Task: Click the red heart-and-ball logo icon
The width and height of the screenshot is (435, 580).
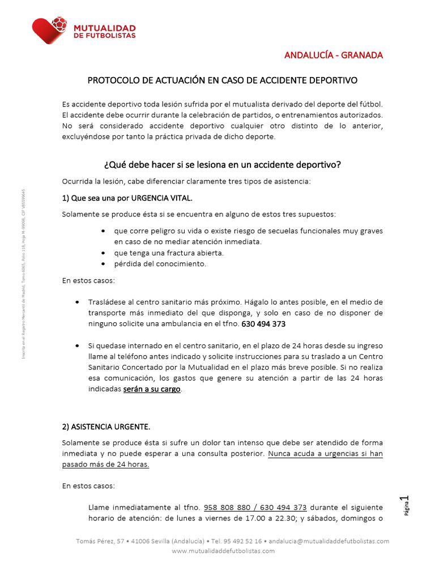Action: pyautogui.click(x=50, y=30)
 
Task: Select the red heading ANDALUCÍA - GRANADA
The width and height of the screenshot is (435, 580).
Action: pyautogui.click(x=333, y=55)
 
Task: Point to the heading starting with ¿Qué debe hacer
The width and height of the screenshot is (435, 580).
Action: pyautogui.click(x=222, y=165)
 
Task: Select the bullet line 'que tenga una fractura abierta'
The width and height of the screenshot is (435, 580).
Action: pyautogui.click(x=168, y=253)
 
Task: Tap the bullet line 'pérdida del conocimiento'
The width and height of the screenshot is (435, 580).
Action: pyautogui.click(x=160, y=263)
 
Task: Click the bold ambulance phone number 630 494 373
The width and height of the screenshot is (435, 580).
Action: pyautogui.click(x=263, y=324)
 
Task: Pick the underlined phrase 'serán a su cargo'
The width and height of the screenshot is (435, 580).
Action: pyautogui.click(x=152, y=390)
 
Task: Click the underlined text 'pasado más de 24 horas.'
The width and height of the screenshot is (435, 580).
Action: pyautogui.click(x=105, y=464)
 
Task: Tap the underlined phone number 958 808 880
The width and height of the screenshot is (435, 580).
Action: pyautogui.click(x=228, y=507)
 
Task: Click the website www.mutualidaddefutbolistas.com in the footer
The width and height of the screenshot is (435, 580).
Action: pyautogui.click(x=223, y=551)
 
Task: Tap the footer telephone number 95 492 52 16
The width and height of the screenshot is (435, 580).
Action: pyautogui.click(x=241, y=541)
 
